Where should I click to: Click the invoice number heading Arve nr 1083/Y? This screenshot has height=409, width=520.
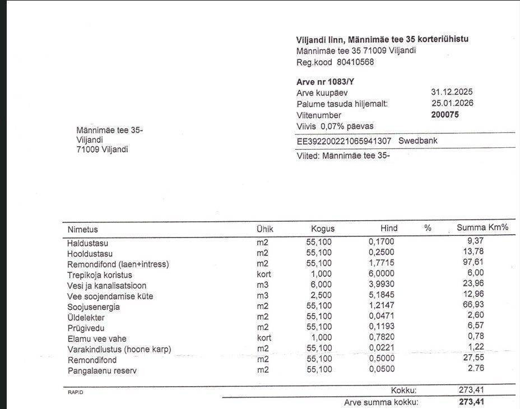[325, 82]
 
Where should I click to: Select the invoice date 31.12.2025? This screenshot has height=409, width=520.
[452, 92]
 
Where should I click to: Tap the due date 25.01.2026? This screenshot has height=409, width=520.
[452, 103]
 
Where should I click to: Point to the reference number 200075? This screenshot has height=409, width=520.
[445, 115]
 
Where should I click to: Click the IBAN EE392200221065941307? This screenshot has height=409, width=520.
[344, 141]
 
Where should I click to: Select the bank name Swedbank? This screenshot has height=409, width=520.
[417, 141]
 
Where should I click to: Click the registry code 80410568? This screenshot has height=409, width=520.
[355, 62]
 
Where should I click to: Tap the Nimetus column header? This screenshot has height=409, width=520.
[82, 230]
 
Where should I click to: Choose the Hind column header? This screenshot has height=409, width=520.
[389, 228]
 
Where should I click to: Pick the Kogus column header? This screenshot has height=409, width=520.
[323, 229]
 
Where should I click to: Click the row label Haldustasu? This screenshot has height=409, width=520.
[87, 244]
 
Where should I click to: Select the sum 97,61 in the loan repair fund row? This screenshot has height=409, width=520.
[473, 263]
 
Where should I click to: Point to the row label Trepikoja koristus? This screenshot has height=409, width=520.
[100, 275]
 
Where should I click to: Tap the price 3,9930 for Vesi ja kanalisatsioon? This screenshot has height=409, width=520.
[382, 285]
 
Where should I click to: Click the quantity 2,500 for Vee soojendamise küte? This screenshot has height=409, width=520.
[321, 295]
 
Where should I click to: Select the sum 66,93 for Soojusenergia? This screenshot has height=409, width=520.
[473, 305]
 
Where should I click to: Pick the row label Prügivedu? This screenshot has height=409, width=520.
[86, 328]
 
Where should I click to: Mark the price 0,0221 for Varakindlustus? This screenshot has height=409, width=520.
[382, 348]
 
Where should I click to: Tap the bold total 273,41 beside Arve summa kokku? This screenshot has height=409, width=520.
[471, 402]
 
